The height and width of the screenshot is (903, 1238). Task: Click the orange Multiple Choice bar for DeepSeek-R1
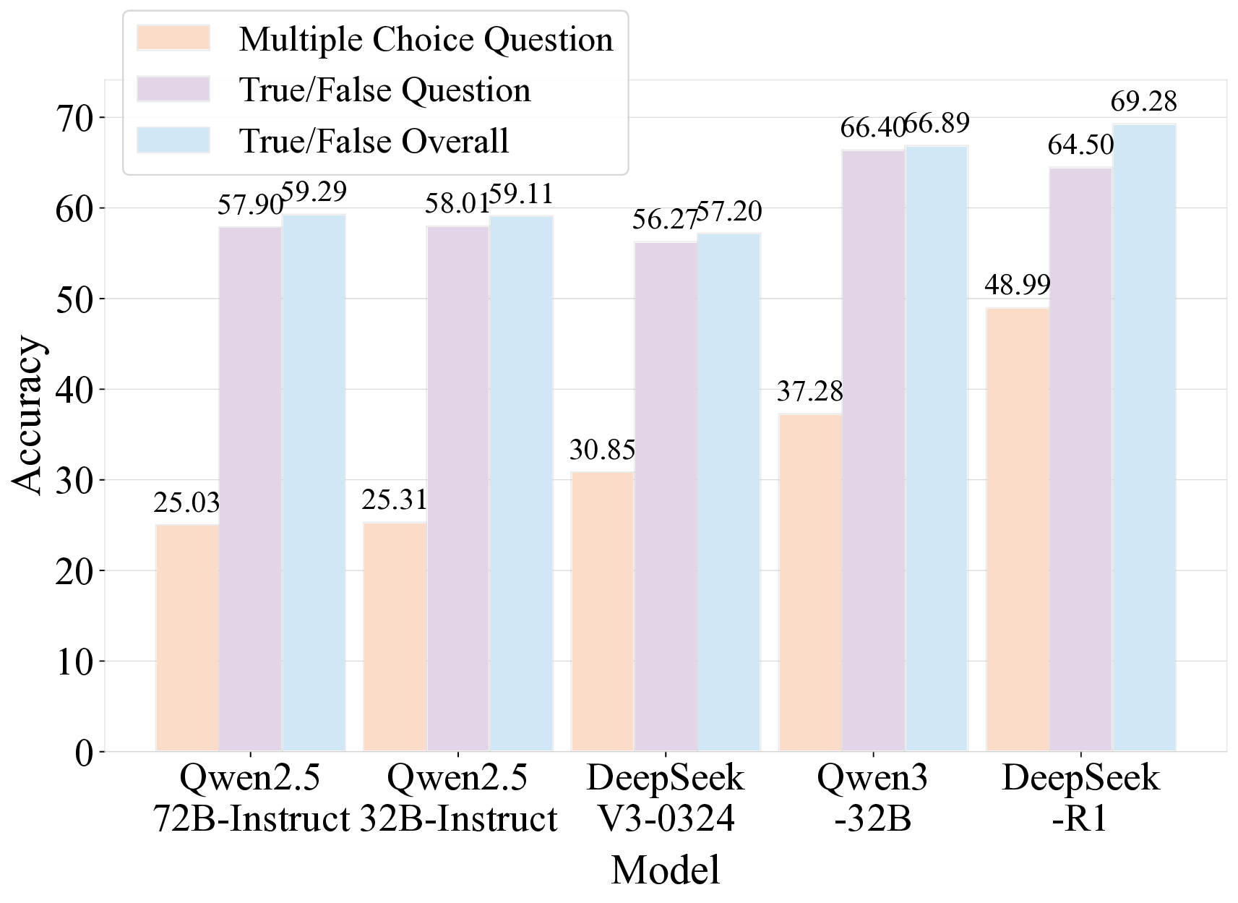1017,530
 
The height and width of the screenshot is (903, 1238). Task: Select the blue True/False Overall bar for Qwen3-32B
936,448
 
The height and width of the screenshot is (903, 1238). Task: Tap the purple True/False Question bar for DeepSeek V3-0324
665,497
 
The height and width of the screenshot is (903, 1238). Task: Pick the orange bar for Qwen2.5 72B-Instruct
187,638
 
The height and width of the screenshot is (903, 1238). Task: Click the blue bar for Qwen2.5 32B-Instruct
521,483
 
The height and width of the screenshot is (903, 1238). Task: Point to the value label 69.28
1143,101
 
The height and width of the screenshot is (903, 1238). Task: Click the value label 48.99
1017,285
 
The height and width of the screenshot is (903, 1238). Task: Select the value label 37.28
809,392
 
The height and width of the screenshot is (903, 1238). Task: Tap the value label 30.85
602,450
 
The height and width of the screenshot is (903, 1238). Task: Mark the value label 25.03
186,502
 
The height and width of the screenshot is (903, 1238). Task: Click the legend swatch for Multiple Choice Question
173,38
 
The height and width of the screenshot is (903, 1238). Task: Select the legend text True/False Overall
374,141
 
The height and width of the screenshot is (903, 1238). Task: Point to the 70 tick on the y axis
74,118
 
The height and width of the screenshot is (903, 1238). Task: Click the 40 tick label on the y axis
74,390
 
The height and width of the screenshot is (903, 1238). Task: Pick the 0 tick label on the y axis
83,753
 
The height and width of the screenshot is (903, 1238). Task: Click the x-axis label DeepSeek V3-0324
665,798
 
